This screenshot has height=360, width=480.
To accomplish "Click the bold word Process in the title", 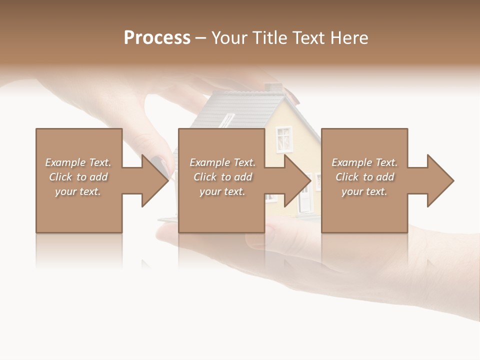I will click(x=157, y=38).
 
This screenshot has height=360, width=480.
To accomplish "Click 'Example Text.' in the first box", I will click(x=78, y=162).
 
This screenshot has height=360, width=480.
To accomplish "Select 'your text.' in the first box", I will click(x=78, y=191).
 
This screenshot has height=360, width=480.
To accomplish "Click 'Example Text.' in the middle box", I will click(x=222, y=162).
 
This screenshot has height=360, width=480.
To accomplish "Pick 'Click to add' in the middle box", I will click(x=222, y=177).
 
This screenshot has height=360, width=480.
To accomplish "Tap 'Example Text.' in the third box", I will click(x=364, y=162).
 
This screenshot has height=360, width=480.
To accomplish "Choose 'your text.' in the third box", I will click(x=364, y=191).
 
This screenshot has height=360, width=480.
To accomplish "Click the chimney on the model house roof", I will click(x=273, y=88).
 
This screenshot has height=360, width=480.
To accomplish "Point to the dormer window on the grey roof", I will click(x=227, y=120).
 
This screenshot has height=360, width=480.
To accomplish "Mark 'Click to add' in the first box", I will click(x=78, y=177).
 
